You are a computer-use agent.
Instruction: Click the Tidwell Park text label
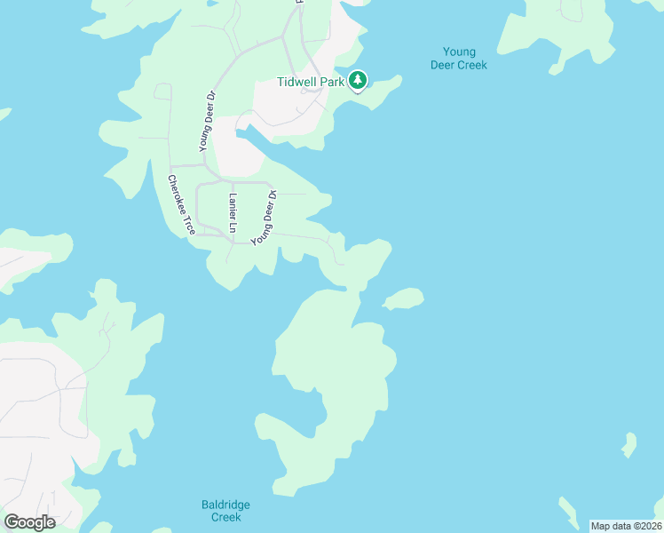click(x=311, y=82)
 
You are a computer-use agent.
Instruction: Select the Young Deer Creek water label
click(x=458, y=59)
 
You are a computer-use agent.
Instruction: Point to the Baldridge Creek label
click(x=220, y=511)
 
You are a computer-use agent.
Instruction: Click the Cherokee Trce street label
click(x=181, y=204)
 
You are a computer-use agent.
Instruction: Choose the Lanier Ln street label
click(x=233, y=213)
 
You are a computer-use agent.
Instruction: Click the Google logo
click(x=29, y=521)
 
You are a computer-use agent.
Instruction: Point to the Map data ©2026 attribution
click(x=625, y=525)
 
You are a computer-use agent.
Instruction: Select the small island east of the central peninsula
click(x=404, y=298)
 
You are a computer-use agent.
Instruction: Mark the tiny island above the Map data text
click(x=628, y=444)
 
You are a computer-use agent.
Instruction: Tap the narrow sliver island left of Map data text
click(x=568, y=512)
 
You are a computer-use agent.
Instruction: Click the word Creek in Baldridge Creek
click(x=220, y=517)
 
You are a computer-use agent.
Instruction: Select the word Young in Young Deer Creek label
click(x=458, y=52)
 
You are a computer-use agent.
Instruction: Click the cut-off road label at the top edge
click(x=298, y=4)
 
